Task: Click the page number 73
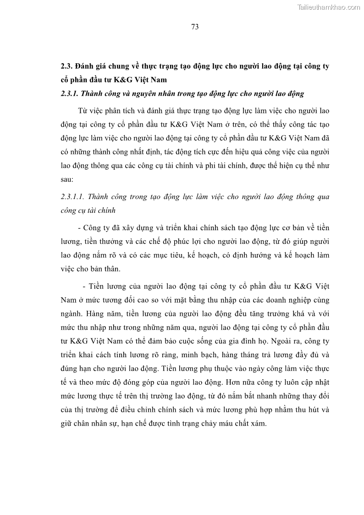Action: [194, 27]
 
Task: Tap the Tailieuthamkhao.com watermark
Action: [329, 7]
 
